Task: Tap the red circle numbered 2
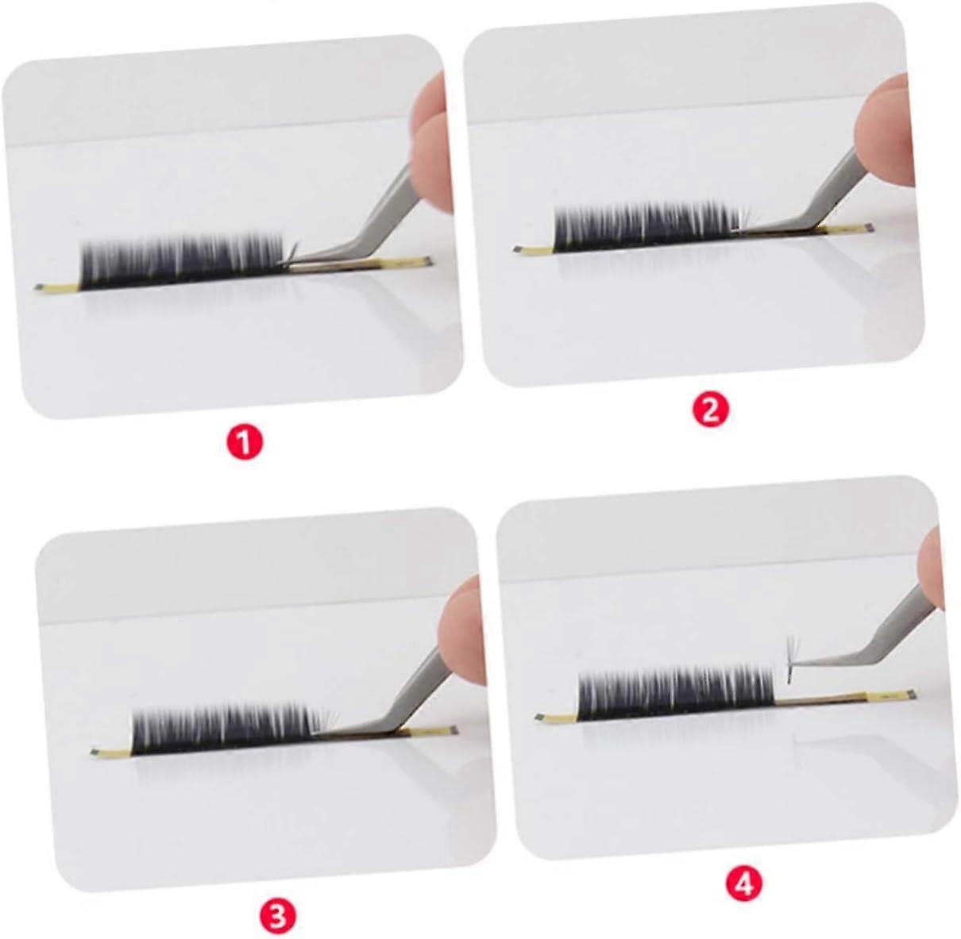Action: pos(710,411)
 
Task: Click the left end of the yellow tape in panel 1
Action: pos(37,287)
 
